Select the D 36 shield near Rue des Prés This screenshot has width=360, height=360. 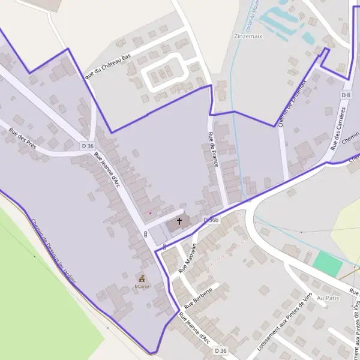click(88, 146)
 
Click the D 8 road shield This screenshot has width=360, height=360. click(346, 95)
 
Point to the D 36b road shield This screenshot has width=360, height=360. click(211, 220)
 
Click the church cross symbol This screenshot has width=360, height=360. click(179, 222)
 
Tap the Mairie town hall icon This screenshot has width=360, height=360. click(142, 278)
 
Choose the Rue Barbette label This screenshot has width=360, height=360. click(198, 298)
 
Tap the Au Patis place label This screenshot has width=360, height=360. click(328, 298)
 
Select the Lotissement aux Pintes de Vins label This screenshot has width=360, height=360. click(284, 323)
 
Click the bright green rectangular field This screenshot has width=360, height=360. click(328, 263)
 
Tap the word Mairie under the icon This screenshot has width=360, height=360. click(142, 287)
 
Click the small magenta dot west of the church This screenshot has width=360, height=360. click(150, 212)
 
